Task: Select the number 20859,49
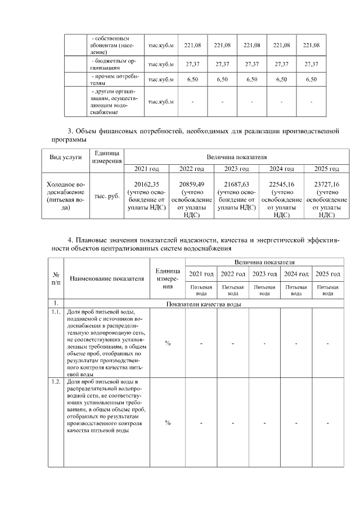192,184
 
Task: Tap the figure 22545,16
282,184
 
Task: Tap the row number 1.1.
56,311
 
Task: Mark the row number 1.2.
56,382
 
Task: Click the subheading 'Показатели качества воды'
204,304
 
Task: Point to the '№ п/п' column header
56,278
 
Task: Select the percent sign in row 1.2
167,423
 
